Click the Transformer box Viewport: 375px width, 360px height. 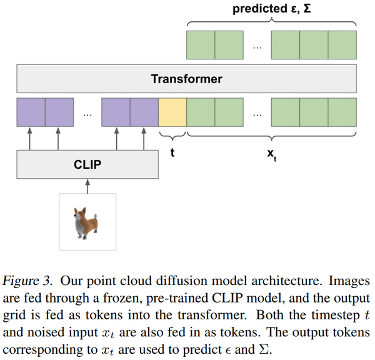186,79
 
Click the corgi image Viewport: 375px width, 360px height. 87,221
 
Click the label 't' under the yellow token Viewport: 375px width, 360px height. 172,152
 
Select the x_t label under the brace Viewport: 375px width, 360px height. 271,154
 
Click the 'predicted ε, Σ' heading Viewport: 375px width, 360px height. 272,10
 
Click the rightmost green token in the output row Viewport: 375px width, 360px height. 342,44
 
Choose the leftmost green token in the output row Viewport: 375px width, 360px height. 201,44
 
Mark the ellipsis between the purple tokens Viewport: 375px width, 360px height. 87,114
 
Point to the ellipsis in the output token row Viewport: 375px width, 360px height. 257,46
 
